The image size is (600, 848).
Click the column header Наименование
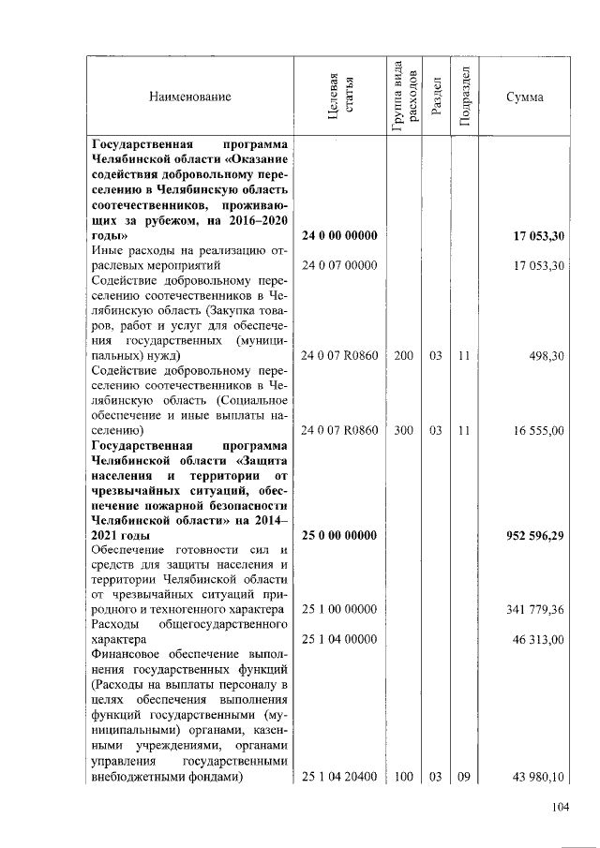click(x=188, y=97)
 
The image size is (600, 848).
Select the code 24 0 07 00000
click(x=339, y=266)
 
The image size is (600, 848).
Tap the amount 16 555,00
click(x=537, y=431)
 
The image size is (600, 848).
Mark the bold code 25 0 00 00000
click(x=339, y=536)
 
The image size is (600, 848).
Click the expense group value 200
click(x=403, y=357)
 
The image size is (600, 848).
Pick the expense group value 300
click(x=403, y=431)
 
